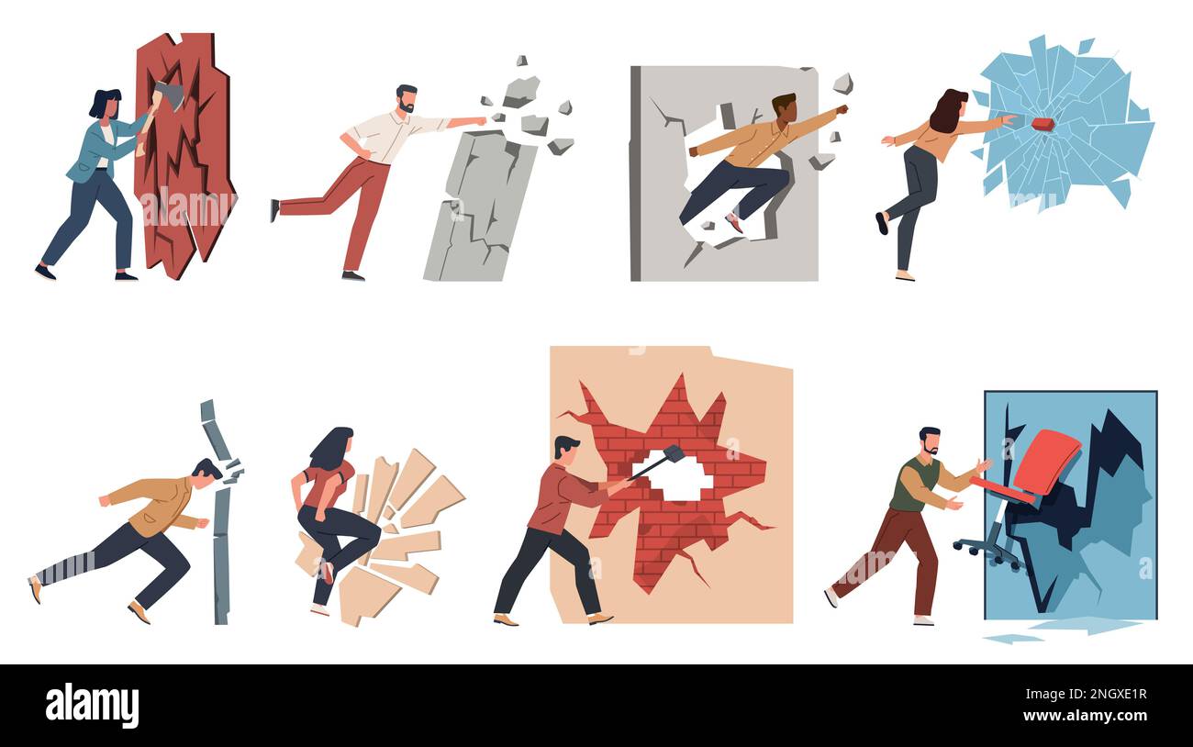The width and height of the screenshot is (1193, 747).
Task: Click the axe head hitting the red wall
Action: coord(170,95)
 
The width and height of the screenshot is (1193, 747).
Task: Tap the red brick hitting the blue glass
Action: coord(1042,124)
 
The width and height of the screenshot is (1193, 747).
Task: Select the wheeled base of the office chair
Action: coord(987,552)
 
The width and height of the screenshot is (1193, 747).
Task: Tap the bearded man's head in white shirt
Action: coord(407,99)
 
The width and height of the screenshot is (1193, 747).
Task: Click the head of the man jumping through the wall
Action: coord(784,106)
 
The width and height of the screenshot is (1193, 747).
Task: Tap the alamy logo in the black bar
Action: coord(92,706)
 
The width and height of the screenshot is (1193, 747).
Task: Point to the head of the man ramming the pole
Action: coord(206,474)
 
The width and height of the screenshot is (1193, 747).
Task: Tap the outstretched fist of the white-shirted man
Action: coord(478,120)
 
